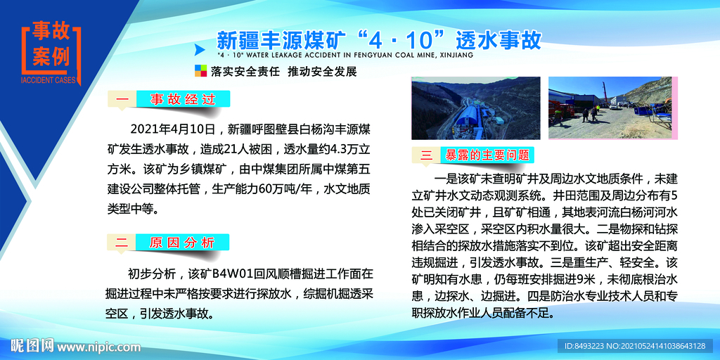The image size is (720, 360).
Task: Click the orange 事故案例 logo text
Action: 51,46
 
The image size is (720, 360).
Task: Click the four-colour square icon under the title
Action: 200,71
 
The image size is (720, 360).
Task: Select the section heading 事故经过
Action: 182,99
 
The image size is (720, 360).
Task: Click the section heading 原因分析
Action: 182,242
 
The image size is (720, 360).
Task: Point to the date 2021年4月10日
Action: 173,129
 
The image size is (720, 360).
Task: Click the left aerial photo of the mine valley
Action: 476,108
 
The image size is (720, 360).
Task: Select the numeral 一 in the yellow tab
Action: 122,99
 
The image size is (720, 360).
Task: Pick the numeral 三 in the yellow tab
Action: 427,155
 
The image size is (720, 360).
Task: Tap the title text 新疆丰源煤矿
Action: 281,41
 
